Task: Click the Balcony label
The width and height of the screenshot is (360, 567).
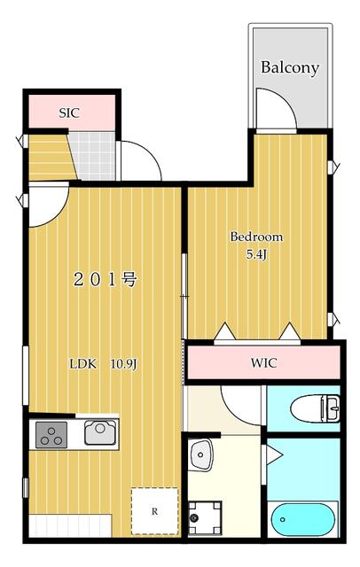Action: (x=290, y=67)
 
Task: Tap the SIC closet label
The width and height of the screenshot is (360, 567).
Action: (x=69, y=113)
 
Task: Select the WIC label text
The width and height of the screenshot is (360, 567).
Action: (x=263, y=362)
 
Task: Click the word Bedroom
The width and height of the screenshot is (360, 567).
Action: (x=256, y=237)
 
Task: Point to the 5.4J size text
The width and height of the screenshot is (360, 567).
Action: (x=256, y=254)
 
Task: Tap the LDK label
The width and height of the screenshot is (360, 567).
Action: (x=84, y=363)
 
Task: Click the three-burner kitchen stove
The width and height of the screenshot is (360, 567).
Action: (x=51, y=435)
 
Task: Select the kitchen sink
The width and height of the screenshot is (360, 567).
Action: (x=98, y=433)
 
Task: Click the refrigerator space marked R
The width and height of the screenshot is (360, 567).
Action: (x=154, y=511)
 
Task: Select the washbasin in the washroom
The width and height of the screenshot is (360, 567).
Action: (x=200, y=455)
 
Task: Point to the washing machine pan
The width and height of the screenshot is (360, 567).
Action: (x=205, y=516)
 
